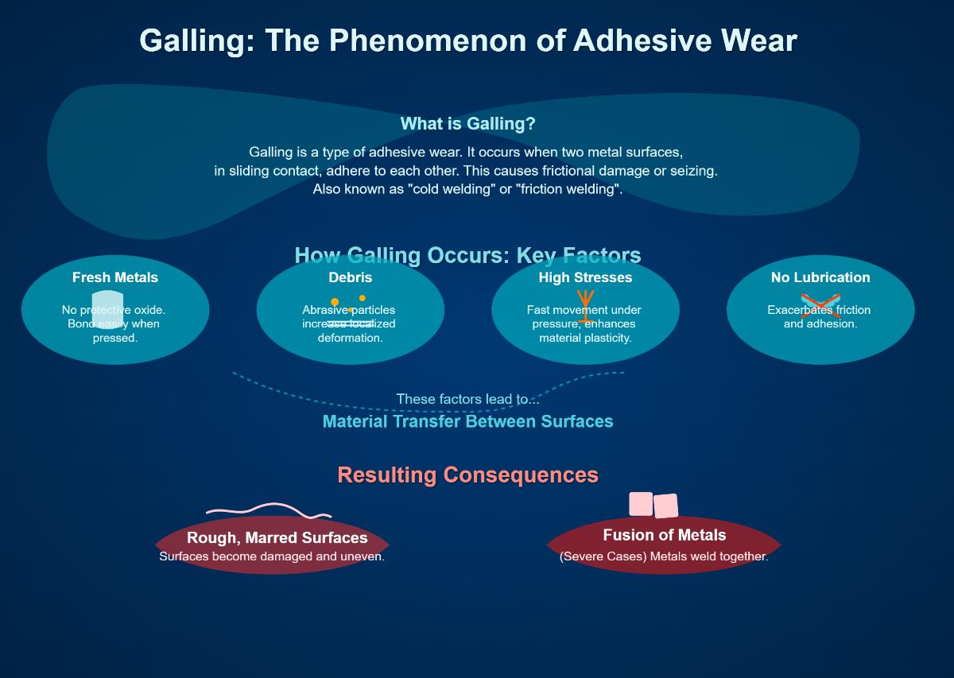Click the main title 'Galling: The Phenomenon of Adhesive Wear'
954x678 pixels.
[x=467, y=41]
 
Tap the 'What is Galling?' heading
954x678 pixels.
[x=467, y=124]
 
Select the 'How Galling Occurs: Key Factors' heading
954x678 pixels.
[x=467, y=255]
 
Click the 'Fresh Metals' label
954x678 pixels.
[x=115, y=277]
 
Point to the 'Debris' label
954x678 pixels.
[x=351, y=277]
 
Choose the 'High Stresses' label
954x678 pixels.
[x=585, y=277]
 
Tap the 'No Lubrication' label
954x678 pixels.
[x=820, y=277]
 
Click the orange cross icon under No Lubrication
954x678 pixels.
[x=820, y=306]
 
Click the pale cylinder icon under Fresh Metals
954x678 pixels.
[x=107, y=310]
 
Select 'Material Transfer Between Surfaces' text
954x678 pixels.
[x=467, y=421]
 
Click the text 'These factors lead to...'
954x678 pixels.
[x=467, y=399]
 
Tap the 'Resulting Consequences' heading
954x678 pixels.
[x=467, y=475]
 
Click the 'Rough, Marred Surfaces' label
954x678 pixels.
[x=277, y=538]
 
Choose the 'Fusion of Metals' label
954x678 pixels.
[x=665, y=535]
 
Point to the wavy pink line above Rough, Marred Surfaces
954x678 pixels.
[x=269, y=510]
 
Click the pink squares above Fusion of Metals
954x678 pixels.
[x=653, y=505]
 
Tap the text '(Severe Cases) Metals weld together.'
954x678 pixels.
[x=664, y=556]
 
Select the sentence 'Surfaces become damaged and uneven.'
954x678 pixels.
[x=272, y=556]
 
